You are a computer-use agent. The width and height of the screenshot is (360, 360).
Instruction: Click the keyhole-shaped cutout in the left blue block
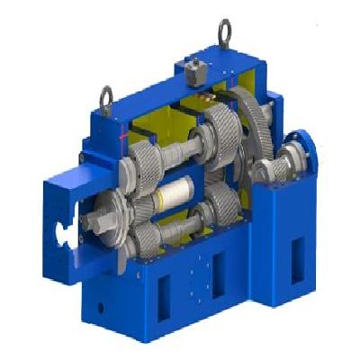pyautogui.click(x=66, y=232)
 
